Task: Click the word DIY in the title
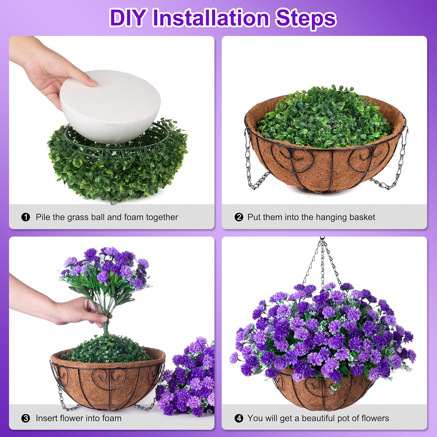click(x=128, y=18)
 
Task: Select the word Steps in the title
click(x=306, y=19)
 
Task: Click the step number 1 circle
click(x=26, y=217)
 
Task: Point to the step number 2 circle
click(x=239, y=217)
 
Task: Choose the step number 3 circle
click(x=26, y=418)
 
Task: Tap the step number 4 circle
click(x=239, y=418)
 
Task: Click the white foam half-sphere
click(x=110, y=106)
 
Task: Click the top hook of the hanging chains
click(x=322, y=239)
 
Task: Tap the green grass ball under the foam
click(x=117, y=163)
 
